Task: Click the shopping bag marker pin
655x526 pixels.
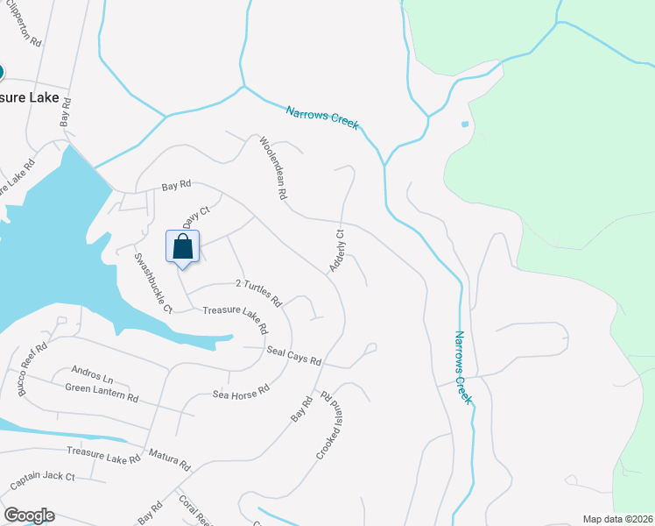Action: coord(183,246)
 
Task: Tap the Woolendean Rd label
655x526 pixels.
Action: coord(273,168)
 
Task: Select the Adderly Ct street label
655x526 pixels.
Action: coord(336,250)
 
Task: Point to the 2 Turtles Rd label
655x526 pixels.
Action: coord(258,293)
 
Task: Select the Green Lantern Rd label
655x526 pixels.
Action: coord(102,392)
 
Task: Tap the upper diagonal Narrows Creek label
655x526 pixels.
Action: coord(322,117)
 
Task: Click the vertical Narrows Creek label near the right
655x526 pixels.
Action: coord(462,366)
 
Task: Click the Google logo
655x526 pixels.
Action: coord(28,515)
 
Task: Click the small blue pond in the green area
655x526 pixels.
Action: coord(464,124)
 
